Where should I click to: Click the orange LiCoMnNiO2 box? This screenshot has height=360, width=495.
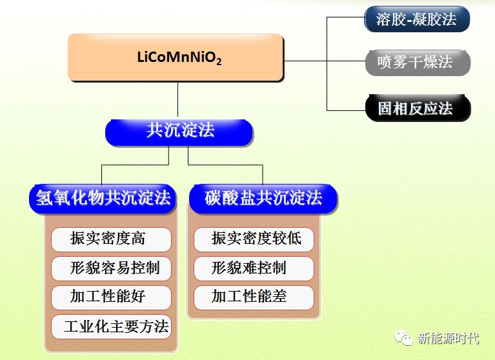176,57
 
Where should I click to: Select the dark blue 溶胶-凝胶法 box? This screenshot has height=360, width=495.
417,19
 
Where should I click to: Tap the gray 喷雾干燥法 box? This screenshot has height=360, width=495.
418,63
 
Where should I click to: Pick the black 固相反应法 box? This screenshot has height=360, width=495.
418,108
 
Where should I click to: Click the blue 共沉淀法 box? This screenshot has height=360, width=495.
179,132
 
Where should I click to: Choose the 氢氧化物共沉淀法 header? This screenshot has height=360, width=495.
103,199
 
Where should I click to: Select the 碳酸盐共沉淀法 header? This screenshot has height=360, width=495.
263,199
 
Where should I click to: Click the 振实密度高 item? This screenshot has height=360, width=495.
111,239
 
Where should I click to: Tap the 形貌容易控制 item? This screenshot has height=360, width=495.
111,268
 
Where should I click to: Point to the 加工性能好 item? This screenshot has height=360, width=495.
111,297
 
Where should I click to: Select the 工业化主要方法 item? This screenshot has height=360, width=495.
111,326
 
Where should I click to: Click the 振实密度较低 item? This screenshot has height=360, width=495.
254,239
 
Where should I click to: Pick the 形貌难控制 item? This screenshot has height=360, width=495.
254,268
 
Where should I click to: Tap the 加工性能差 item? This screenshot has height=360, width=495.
254,297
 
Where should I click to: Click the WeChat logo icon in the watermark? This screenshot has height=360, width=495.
404,337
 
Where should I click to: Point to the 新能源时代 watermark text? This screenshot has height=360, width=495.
449,339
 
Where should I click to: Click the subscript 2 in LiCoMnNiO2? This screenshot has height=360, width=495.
219,61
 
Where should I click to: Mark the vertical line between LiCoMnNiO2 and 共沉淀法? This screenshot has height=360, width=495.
177,100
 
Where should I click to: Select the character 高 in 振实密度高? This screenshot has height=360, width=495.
138,238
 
